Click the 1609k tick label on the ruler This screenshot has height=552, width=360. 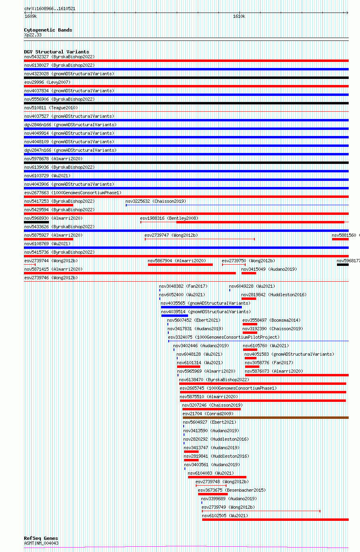pyautogui.click(x=30, y=17)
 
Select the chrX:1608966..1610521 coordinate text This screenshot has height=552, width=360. pyautogui.click(x=50, y=8)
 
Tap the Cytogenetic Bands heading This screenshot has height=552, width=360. pyautogui.click(x=48, y=30)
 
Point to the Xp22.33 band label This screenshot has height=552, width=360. pyautogui.click(x=33, y=35)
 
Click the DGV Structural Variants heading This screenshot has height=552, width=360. pyautogui.click(x=56, y=52)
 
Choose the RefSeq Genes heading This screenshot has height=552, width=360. pyautogui.click(x=41, y=539)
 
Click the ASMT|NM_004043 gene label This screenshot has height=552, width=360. pyautogui.click(x=41, y=543)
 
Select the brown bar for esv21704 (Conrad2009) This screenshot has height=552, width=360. pyautogui.click(x=265, y=418)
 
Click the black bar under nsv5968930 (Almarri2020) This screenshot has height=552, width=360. pyautogui.click(x=36, y=222)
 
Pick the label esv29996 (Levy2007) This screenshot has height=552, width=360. pyautogui.click(x=47, y=82)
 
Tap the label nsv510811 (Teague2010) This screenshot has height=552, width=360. pyautogui.click(x=51, y=108)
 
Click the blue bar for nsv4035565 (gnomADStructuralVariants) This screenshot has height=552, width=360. pyautogui.click(x=201, y=307)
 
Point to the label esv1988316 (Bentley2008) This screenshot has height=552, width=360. pyautogui.click(x=169, y=218)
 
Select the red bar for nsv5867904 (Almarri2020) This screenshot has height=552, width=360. pyautogui.click(x=180, y=265)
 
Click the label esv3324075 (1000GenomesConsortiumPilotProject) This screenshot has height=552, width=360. pyautogui.click(x=224, y=337)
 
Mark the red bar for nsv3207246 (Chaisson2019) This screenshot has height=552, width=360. pyautogui.click(x=211, y=409)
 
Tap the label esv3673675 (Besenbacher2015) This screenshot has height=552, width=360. pyautogui.click(x=231, y=490)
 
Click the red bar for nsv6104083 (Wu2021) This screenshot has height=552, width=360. pyautogui.click(x=217, y=477)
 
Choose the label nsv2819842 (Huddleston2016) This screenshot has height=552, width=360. pyautogui.click(x=274, y=295)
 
